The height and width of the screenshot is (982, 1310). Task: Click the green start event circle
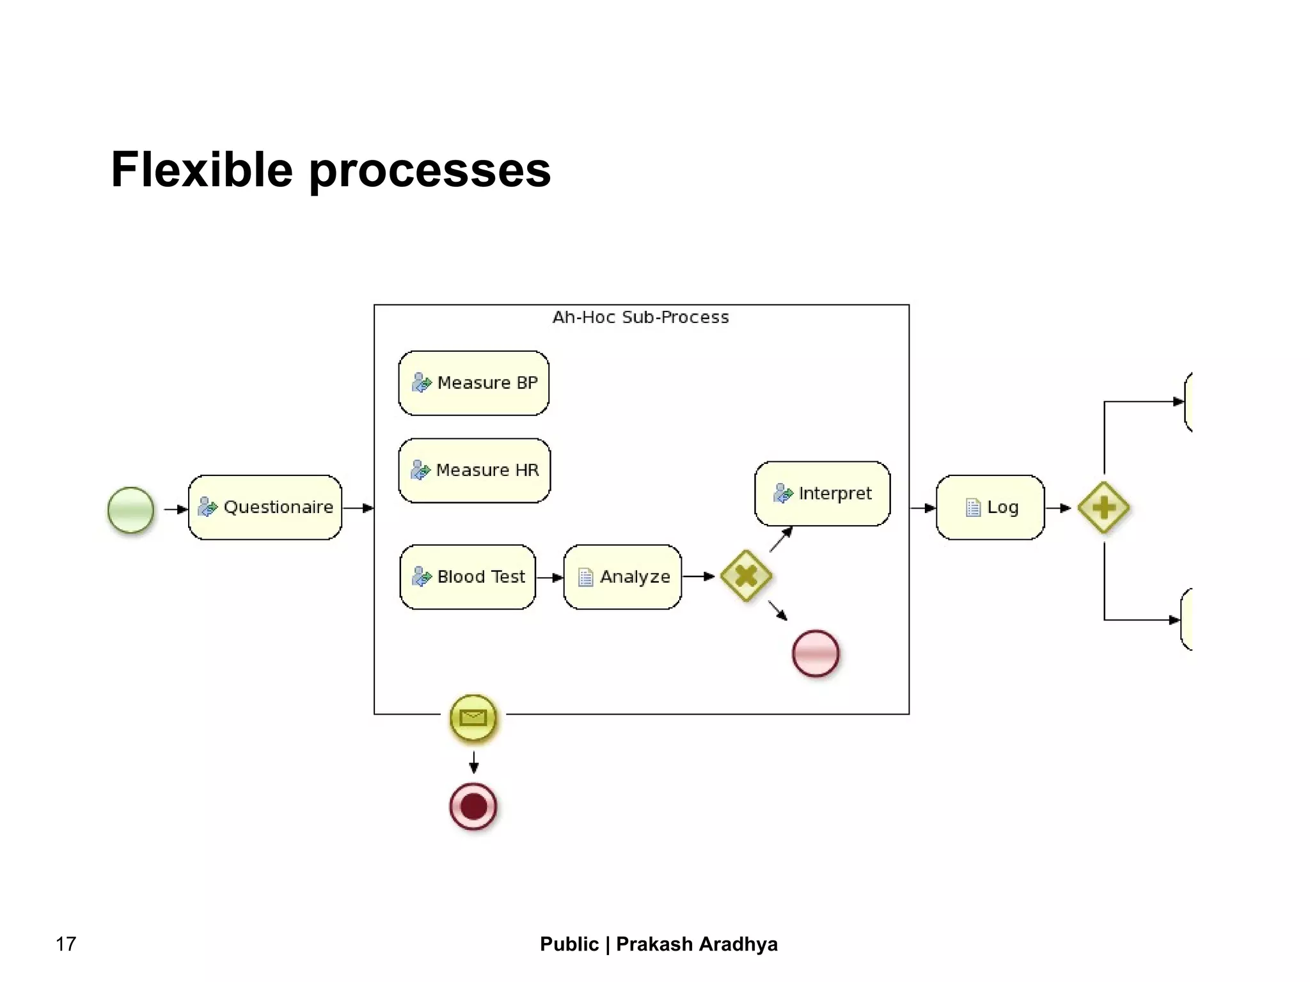click(x=130, y=510)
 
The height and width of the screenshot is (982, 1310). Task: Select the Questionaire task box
click(x=265, y=507)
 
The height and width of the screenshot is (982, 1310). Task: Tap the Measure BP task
click(x=473, y=383)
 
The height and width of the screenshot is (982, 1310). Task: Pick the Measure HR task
click(x=474, y=470)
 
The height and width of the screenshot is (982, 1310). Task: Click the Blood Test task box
click(x=468, y=577)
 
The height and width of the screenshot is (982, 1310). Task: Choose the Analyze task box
click(x=622, y=577)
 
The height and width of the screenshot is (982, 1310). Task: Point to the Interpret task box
click(x=822, y=493)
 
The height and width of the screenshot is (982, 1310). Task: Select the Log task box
click(x=990, y=507)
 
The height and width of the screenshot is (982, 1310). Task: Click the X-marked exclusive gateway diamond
click(x=746, y=576)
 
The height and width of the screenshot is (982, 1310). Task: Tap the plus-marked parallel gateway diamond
click(x=1103, y=508)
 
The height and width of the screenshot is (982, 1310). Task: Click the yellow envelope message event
click(x=473, y=718)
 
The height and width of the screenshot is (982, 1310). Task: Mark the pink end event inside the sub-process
click(x=816, y=653)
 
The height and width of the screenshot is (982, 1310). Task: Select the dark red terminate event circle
click(x=473, y=806)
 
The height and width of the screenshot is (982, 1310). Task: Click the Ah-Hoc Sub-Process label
click(x=640, y=317)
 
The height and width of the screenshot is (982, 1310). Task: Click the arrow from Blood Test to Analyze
click(x=549, y=578)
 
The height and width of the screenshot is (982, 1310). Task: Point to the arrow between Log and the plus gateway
click(x=1058, y=508)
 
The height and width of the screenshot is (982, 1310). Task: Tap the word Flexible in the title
click(x=201, y=170)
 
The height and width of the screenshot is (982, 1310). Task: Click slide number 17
click(x=66, y=944)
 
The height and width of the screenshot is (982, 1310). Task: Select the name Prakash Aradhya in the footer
click(x=697, y=944)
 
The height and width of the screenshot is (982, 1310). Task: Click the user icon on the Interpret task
click(x=782, y=493)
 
